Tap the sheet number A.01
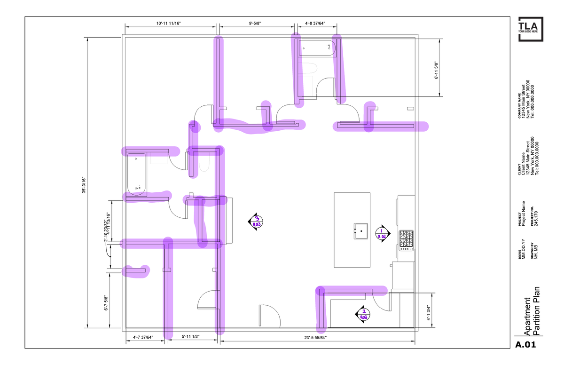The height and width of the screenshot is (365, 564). tap(525, 345)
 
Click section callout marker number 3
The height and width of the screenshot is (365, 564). tap(257, 221)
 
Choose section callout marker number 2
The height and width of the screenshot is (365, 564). tap(363, 314)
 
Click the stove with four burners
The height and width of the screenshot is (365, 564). tap(406, 240)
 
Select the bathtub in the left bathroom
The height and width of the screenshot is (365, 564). tap(137, 175)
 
